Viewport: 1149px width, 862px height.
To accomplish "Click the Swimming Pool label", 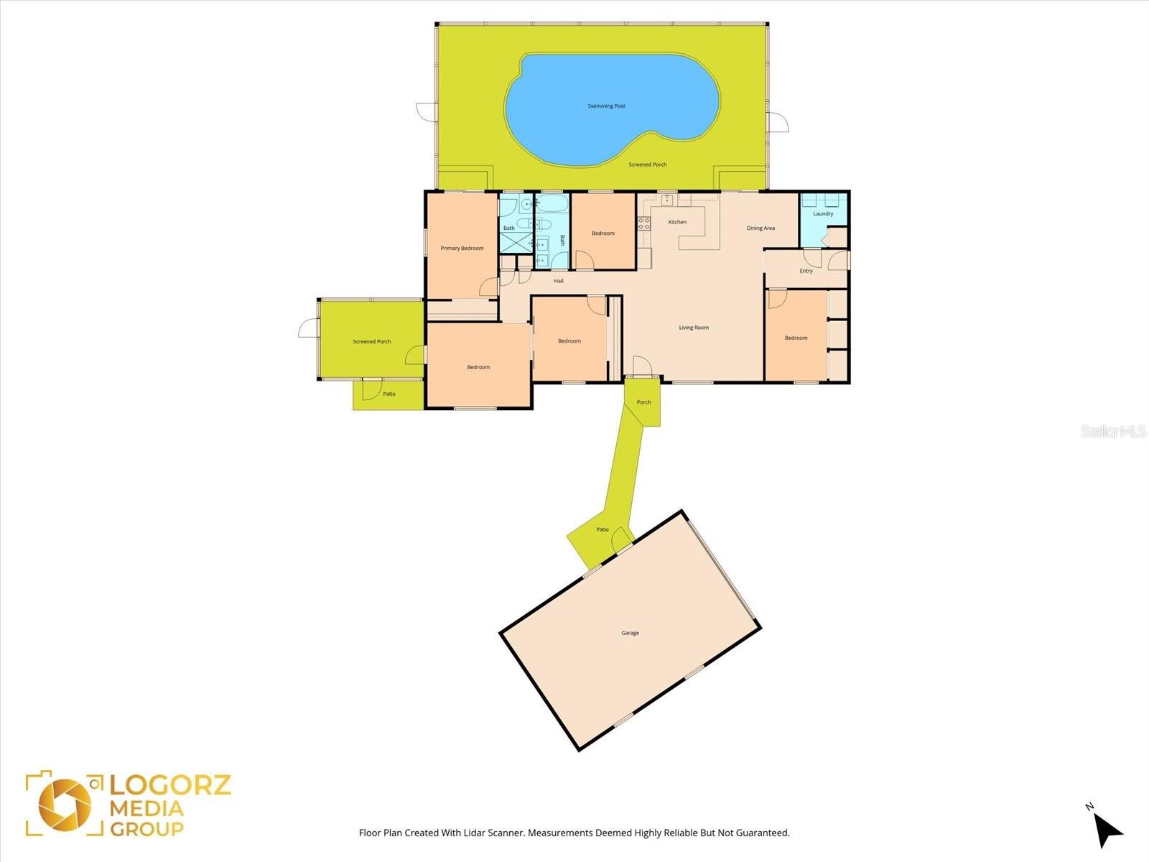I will [606, 106].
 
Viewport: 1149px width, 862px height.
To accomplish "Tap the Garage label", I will [630, 634].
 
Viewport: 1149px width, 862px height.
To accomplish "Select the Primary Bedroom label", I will [462, 249].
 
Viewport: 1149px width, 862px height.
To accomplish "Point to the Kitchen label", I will [677, 222].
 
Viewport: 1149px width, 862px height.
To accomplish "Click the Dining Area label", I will [760, 228].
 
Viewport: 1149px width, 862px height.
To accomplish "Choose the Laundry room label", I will [823, 214].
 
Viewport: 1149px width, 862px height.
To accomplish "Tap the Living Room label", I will [694, 328].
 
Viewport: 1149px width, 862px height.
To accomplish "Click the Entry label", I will [806, 271].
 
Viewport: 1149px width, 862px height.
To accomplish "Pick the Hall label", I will [558, 281].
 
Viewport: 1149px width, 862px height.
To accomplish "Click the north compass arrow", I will [1108, 830].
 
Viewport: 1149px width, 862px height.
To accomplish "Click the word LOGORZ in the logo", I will [171, 784].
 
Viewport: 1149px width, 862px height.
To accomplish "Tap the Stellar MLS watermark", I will [1112, 432].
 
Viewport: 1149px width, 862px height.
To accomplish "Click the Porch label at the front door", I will [643, 402].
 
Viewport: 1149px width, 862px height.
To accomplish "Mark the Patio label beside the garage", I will [602, 530].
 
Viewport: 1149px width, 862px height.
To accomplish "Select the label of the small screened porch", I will [372, 342].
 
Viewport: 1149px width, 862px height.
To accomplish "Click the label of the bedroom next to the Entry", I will [796, 338].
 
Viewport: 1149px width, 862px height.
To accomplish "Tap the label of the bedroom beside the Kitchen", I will [603, 233].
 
